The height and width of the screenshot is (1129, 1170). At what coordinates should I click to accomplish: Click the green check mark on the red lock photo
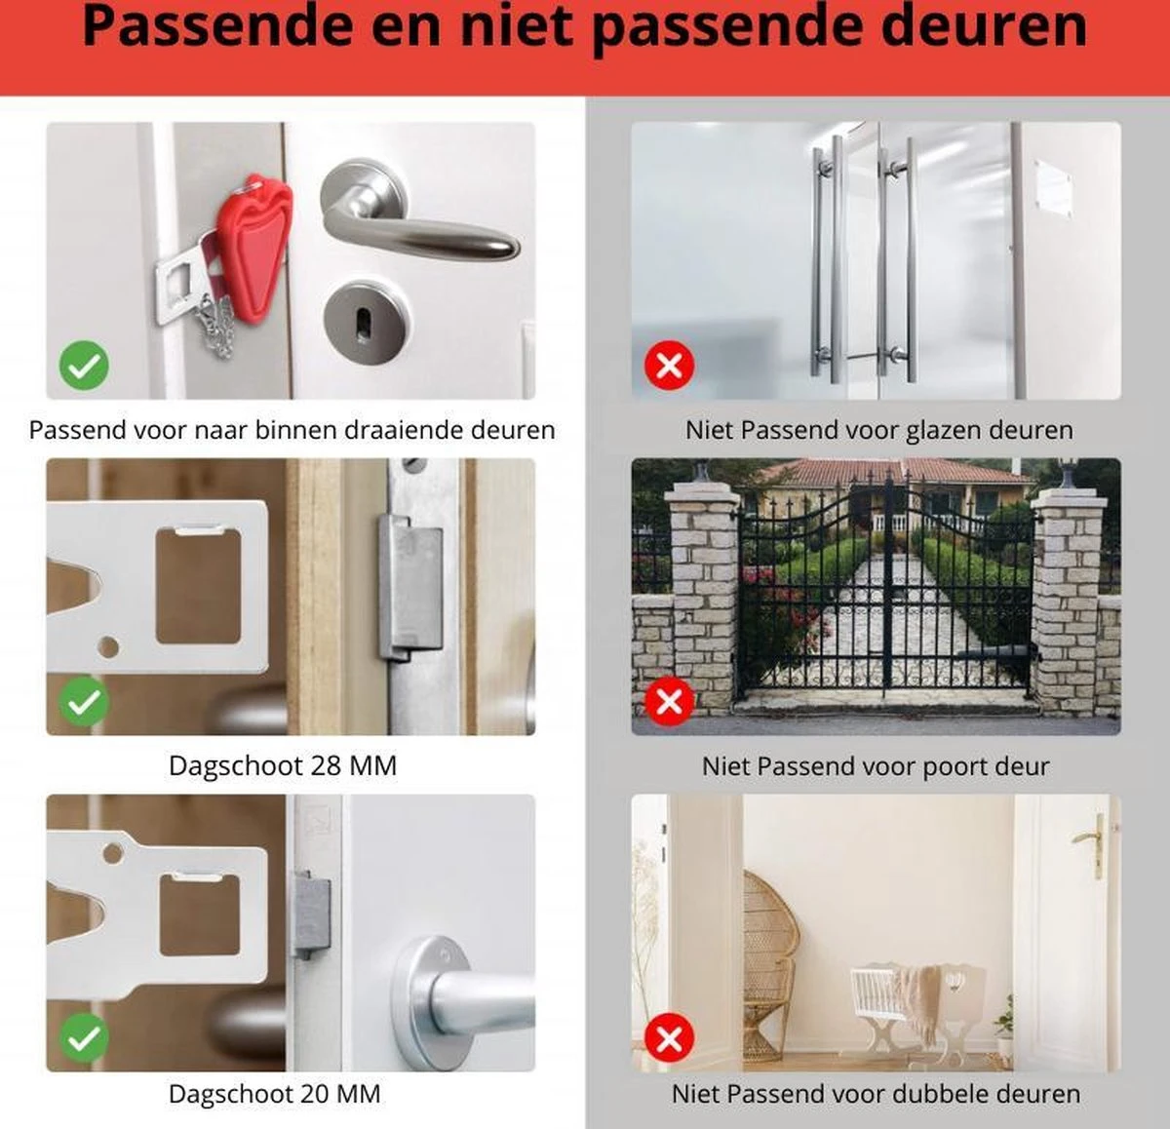pyautogui.click(x=84, y=365)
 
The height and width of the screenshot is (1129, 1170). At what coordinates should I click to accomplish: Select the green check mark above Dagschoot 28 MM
pyautogui.click(x=84, y=700)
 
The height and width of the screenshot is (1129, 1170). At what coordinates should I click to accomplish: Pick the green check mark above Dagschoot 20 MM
pyautogui.click(x=84, y=1037)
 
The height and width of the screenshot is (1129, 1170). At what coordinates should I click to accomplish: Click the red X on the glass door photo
pyautogui.click(x=669, y=365)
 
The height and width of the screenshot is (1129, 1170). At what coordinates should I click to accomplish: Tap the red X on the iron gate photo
pyautogui.click(x=669, y=701)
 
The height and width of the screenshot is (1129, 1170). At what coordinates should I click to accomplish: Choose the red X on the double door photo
pyautogui.click(x=669, y=1038)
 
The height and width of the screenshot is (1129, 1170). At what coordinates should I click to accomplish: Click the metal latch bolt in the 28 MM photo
pyautogui.click(x=410, y=587)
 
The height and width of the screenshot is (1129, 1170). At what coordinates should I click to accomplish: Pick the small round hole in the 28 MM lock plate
pyautogui.click(x=108, y=646)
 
